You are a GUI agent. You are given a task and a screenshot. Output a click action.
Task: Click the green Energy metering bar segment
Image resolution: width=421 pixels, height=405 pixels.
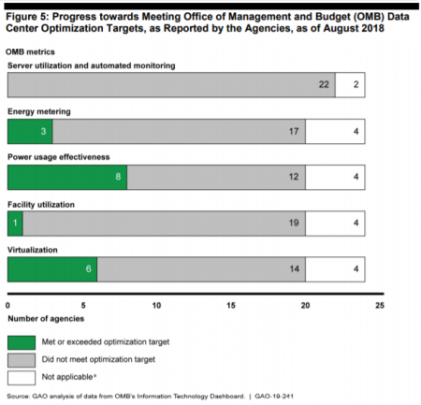pyautogui.click(x=30, y=131)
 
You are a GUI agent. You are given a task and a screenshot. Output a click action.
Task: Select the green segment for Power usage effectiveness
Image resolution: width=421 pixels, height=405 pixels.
pyautogui.click(x=67, y=177)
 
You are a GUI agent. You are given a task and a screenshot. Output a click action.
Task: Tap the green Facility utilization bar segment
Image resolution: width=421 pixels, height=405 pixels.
pyautogui.click(x=15, y=224)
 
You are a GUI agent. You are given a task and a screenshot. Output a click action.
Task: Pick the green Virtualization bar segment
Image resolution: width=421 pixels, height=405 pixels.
pyautogui.click(x=52, y=269)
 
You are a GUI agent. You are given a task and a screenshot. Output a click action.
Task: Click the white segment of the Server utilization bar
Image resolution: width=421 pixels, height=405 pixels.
pyautogui.click(x=350, y=85)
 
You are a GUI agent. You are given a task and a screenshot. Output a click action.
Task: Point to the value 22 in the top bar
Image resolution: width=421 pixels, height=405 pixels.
pyautogui.click(x=324, y=84)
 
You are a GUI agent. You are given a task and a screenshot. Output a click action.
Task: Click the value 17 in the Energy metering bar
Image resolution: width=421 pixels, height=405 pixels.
pyautogui.click(x=294, y=131)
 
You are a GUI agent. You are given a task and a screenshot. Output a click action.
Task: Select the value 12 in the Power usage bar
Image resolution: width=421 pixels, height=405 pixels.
pyautogui.click(x=294, y=177)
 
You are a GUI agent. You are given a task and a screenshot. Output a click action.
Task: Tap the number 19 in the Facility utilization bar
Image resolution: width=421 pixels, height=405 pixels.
pyautogui.click(x=294, y=223)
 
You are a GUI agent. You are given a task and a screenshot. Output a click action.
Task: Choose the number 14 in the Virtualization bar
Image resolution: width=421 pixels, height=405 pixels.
pyautogui.click(x=294, y=268)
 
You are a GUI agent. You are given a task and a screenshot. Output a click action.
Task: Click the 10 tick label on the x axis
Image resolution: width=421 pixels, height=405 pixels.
pyautogui.click(x=156, y=306)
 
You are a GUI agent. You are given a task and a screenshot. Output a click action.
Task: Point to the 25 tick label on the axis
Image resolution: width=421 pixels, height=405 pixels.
pyautogui.click(x=380, y=306)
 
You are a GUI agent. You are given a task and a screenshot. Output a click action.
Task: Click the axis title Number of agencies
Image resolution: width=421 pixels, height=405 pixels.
pyautogui.click(x=46, y=319)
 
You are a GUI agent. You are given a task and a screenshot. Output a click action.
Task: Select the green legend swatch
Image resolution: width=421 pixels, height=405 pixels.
pyautogui.click(x=22, y=342)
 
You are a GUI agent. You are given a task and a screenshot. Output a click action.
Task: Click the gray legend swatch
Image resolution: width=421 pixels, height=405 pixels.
pyautogui.click(x=22, y=360)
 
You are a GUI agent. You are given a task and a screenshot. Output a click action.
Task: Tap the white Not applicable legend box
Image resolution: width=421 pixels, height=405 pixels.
pyautogui.click(x=22, y=378)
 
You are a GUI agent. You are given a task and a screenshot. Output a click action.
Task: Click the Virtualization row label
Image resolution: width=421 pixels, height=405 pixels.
pyautogui.click(x=33, y=250)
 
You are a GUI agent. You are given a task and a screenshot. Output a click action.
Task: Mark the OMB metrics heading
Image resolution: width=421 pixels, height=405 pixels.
pyautogui.click(x=30, y=51)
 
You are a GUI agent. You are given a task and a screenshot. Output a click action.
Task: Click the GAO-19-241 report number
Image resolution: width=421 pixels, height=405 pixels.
pyautogui.click(x=274, y=397)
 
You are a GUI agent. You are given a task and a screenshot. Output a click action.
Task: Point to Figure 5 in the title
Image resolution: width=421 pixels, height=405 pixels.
pyautogui.click(x=27, y=17)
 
